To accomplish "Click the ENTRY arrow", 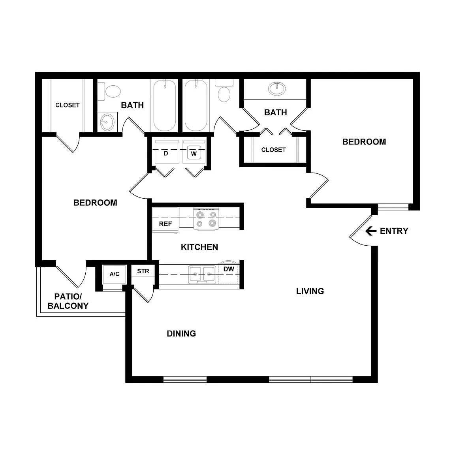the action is (370, 231).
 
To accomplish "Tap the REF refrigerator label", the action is (165, 224).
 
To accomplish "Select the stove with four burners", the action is (206, 219).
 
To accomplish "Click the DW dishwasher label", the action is (229, 269).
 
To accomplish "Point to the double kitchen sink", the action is (202, 274).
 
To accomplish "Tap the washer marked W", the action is (194, 152).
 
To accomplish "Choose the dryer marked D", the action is (166, 152).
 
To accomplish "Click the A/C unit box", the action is (114, 274).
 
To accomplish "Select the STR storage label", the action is (143, 271).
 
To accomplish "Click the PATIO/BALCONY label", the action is (68, 301).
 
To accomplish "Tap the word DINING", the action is (181, 334).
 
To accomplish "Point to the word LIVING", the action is (310, 291).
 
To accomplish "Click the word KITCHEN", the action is (199, 247).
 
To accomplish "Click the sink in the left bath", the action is (107, 122).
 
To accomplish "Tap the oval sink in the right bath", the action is (277, 88).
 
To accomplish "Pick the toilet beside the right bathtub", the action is (224, 90).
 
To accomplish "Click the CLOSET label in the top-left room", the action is (68, 105).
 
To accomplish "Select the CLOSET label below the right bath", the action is (273, 150).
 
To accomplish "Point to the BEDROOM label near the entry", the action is (364, 142).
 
